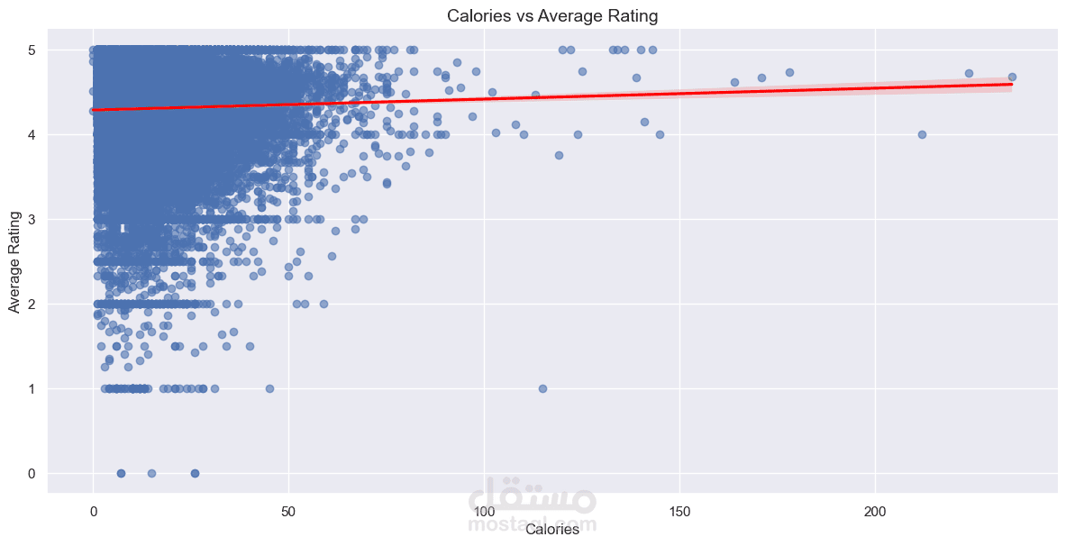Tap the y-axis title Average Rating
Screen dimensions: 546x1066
[14, 261]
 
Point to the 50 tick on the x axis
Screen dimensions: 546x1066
[288, 511]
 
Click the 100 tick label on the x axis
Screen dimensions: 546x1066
[484, 511]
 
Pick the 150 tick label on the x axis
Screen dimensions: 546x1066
[679, 511]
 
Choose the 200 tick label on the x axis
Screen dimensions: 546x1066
[875, 511]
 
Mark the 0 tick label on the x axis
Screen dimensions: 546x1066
[93, 511]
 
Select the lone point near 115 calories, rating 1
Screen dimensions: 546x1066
[542, 388]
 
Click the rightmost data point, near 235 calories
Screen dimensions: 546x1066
[1012, 77]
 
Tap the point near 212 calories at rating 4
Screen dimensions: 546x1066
[922, 134]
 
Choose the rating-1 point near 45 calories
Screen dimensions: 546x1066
[269, 388]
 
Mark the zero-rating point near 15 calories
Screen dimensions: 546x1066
[151, 473]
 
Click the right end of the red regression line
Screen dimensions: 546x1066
[1012, 84]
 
